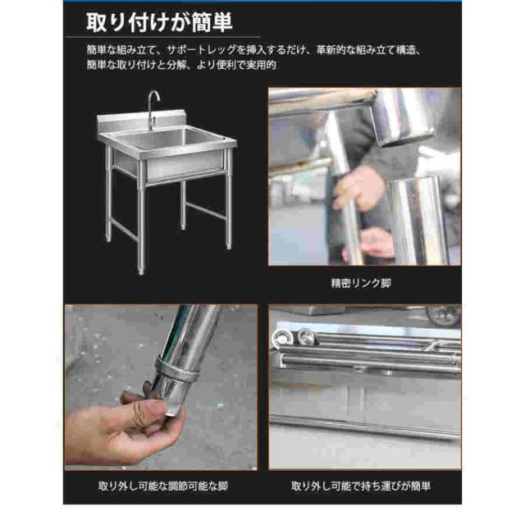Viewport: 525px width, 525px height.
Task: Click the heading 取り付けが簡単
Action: (x=159, y=23)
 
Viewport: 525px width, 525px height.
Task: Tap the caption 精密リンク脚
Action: (x=361, y=283)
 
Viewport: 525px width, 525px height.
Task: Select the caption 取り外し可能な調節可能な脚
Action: (x=163, y=486)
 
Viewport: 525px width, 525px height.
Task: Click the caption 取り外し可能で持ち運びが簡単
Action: (x=361, y=486)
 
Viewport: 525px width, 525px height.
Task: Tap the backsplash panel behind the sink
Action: (x=141, y=121)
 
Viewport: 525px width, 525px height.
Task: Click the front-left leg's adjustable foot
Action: (x=141, y=269)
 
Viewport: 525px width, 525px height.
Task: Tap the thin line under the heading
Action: (x=163, y=37)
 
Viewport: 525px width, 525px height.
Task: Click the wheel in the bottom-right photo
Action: (x=444, y=315)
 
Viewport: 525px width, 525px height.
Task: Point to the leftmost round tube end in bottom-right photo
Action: (x=281, y=338)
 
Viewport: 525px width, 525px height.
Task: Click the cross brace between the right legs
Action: (x=206, y=210)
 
